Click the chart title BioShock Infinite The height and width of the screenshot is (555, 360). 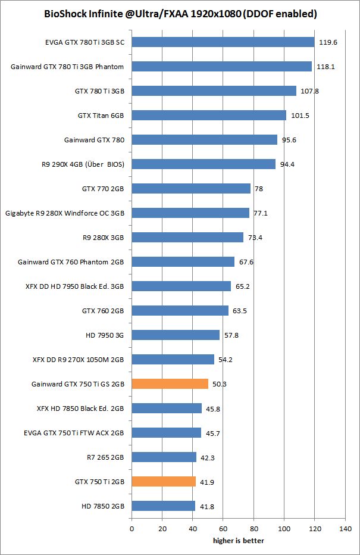click(180, 13)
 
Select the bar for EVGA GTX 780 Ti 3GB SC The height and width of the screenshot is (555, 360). click(223, 42)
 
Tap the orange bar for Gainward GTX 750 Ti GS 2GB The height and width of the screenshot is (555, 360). click(170, 383)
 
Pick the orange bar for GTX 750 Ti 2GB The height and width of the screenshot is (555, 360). click(164, 481)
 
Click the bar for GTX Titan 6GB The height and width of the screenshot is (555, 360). click(209, 115)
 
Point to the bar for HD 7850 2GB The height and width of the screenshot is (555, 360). click(163, 506)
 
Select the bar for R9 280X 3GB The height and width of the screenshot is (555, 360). click(187, 237)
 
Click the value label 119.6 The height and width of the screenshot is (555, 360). click(329, 42)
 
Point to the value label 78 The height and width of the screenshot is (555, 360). click(259, 189)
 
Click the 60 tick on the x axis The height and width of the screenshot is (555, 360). click(223, 528)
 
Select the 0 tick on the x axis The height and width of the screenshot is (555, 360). click(132, 528)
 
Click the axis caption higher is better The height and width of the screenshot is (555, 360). click(239, 541)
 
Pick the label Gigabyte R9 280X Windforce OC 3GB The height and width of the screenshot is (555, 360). click(64, 213)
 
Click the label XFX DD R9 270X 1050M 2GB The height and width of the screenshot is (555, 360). click(78, 359)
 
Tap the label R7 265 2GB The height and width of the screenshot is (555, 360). click(106, 457)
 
